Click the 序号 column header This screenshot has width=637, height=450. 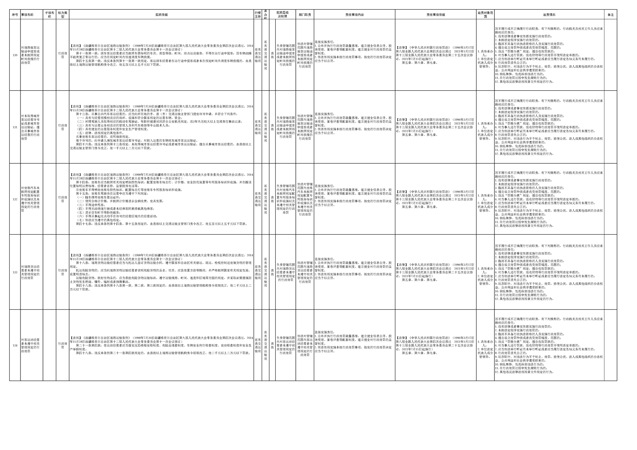15,15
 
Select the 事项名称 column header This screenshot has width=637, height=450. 27,15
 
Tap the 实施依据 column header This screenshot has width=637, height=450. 161,15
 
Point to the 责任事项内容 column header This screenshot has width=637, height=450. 354,15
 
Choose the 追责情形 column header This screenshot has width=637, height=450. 549,15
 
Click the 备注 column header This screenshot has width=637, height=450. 611,15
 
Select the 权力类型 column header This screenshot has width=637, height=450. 63,15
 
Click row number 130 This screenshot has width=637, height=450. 15,55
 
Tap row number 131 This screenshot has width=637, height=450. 15,127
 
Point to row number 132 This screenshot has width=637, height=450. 15,199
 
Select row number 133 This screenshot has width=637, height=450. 15,272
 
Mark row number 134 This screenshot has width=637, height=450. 15,345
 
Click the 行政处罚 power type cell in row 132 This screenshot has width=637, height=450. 63,199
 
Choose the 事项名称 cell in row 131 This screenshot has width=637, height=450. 32,127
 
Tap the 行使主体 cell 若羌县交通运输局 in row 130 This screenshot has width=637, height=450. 258,55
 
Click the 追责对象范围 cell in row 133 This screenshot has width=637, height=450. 485,272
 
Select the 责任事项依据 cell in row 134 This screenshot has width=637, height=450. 436,345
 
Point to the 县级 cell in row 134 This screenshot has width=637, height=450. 272,345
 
